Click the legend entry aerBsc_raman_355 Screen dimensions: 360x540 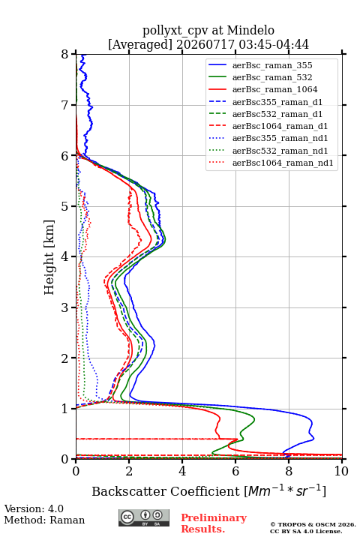pyautogui.click(x=272, y=65)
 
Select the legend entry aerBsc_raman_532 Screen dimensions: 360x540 pyautogui.click(x=272, y=77)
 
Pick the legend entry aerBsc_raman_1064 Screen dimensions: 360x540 pyautogui.click(x=275, y=89)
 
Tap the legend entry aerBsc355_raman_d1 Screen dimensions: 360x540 pyautogui.click(x=277, y=102)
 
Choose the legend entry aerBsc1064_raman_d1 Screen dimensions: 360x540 pyautogui.click(x=280, y=126)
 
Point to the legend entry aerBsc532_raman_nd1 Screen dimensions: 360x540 pyautogui.click(x=280, y=151)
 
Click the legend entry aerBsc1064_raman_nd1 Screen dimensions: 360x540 pyautogui.click(x=283, y=163)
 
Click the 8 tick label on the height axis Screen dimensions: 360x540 pyautogui.click(x=65, y=54)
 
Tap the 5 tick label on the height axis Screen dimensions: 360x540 pyautogui.click(x=65, y=206)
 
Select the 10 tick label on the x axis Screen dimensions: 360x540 pyautogui.click(x=341, y=471)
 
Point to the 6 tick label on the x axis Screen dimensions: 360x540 pyautogui.click(x=235, y=471)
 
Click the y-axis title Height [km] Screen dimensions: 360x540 pyautogui.click(x=49, y=257)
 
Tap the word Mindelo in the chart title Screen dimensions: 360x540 pyautogui.click(x=250, y=30)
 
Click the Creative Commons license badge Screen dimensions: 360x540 pyautogui.click(x=144, y=517)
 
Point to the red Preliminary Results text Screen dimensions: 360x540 pyautogui.click(x=214, y=523)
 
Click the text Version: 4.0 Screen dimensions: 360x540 pyautogui.click(x=34, y=508)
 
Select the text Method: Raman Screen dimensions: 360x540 pyautogui.click(x=44, y=520)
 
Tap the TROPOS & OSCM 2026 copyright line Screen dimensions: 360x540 pyautogui.click(x=313, y=524)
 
